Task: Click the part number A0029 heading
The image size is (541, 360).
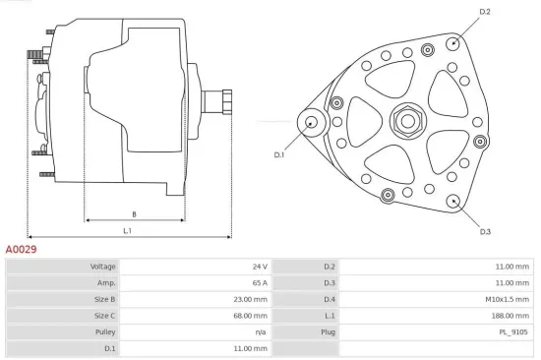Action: click(x=22, y=251)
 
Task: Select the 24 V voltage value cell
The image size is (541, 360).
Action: click(x=259, y=267)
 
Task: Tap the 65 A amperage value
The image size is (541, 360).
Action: click(x=259, y=282)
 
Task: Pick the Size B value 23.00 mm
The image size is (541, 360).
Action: click(x=249, y=299)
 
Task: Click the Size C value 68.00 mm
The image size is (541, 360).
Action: click(x=249, y=316)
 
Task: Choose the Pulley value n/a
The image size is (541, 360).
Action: click(x=261, y=331)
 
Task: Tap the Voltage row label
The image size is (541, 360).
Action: click(x=102, y=267)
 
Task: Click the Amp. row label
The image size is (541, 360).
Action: click(x=106, y=282)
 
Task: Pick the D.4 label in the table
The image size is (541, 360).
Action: click(x=330, y=299)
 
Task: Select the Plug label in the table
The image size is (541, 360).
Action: click(x=330, y=331)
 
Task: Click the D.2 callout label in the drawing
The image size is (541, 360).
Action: click(x=484, y=12)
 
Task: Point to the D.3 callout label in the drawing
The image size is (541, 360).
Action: click(x=485, y=231)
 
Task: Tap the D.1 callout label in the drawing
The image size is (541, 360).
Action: click(x=279, y=154)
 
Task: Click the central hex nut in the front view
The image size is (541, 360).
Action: click(x=404, y=122)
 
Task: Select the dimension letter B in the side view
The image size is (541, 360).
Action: click(x=134, y=213)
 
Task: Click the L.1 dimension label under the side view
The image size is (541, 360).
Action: click(x=128, y=231)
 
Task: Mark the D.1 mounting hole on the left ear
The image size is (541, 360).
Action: click(x=312, y=122)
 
